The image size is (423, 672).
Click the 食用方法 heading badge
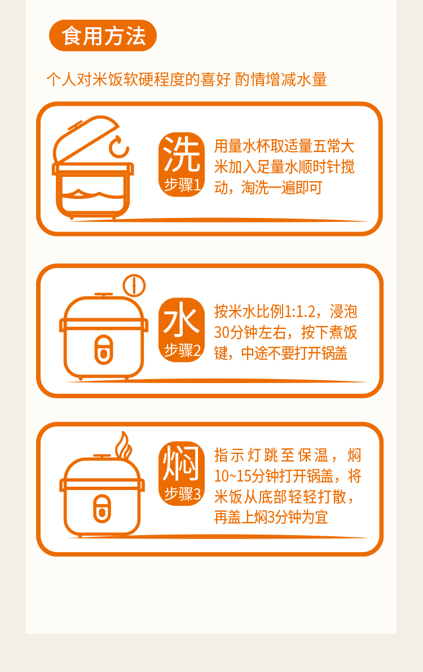tap(103, 35)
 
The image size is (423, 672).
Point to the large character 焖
tap(182, 462)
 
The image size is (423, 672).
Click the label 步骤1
tap(182, 185)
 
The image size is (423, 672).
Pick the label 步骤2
tap(182, 350)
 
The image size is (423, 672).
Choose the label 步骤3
tap(182, 494)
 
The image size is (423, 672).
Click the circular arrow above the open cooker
tap(118, 147)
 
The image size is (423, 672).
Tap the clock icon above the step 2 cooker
tap(134, 286)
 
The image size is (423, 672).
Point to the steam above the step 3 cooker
tap(124, 446)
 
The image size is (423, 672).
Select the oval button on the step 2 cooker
tap(103, 350)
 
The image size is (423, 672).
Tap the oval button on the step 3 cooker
tap(102, 509)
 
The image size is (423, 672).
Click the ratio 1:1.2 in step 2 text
tap(299, 311)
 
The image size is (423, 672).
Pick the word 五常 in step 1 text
tap(327, 146)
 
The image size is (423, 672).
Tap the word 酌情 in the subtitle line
tap(250, 79)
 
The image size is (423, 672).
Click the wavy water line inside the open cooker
tap(92, 194)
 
